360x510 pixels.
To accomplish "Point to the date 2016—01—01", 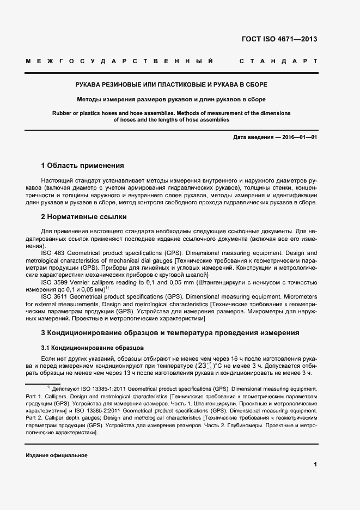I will pos(299,137).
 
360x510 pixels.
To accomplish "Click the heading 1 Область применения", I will pos(83,165).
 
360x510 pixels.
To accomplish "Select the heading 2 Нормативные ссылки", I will pos(84,217).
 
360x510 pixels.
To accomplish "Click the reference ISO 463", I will pos(52,253).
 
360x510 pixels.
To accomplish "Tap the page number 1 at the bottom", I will pos(315,465).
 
